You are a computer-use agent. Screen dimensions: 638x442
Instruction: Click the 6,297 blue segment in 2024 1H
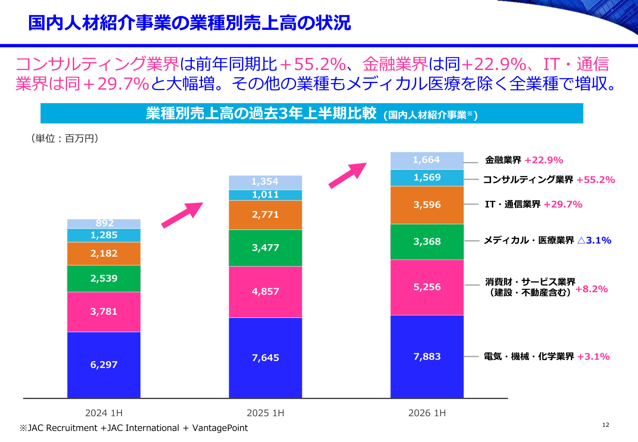104,365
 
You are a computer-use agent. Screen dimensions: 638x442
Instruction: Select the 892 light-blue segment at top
104,224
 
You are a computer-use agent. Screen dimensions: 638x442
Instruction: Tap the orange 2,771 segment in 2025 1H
265,215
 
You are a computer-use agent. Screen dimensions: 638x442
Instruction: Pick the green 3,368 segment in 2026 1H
427,241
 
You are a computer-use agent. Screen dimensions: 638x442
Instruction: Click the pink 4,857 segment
265,292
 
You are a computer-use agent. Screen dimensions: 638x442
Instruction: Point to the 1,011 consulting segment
265,195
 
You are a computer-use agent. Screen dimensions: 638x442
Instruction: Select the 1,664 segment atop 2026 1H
427,161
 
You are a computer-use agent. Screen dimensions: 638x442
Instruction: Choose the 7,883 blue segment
427,356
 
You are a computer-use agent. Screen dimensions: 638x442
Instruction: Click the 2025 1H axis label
265,413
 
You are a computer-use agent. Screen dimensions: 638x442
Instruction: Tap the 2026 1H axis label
427,413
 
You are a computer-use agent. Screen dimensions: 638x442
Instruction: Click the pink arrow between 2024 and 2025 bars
182,215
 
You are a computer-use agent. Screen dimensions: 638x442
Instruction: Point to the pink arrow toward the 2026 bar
348,176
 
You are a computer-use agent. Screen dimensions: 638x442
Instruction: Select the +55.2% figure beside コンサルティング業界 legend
595,180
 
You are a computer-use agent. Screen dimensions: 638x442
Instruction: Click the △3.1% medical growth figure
594,241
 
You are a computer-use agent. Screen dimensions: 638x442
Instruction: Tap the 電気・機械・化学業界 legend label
529,356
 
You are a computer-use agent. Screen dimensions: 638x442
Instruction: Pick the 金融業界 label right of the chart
503,160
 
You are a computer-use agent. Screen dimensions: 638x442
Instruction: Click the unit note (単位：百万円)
65,138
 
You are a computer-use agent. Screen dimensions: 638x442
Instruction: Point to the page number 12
606,425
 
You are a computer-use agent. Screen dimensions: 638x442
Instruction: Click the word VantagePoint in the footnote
220,428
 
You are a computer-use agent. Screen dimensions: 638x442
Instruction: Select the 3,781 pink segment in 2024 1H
104,312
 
